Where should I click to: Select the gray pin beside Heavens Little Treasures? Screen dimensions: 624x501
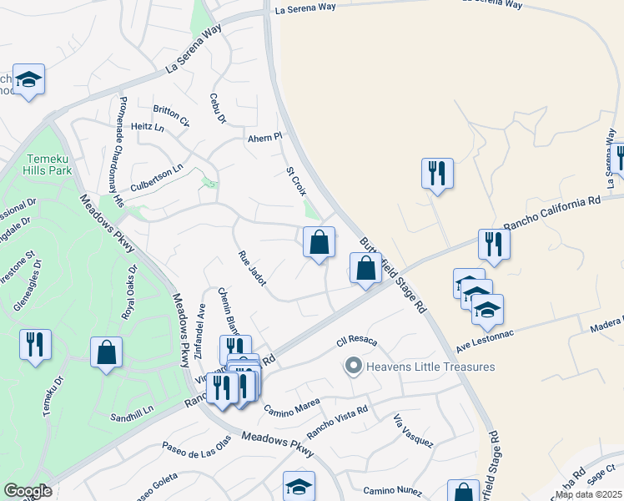click(x=353, y=367)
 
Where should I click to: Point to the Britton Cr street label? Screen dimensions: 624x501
click(x=171, y=115)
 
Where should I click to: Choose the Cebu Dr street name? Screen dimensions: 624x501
click(x=219, y=109)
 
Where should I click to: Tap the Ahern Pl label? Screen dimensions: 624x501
click(x=266, y=137)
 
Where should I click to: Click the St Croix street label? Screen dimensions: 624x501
click(x=296, y=181)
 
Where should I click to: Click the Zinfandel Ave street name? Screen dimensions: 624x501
click(x=199, y=331)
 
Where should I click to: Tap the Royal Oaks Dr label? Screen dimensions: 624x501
click(x=130, y=292)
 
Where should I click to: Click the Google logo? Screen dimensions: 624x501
click(x=28, y=491)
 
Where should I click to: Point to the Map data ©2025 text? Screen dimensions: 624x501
click(x=587, y=494)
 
